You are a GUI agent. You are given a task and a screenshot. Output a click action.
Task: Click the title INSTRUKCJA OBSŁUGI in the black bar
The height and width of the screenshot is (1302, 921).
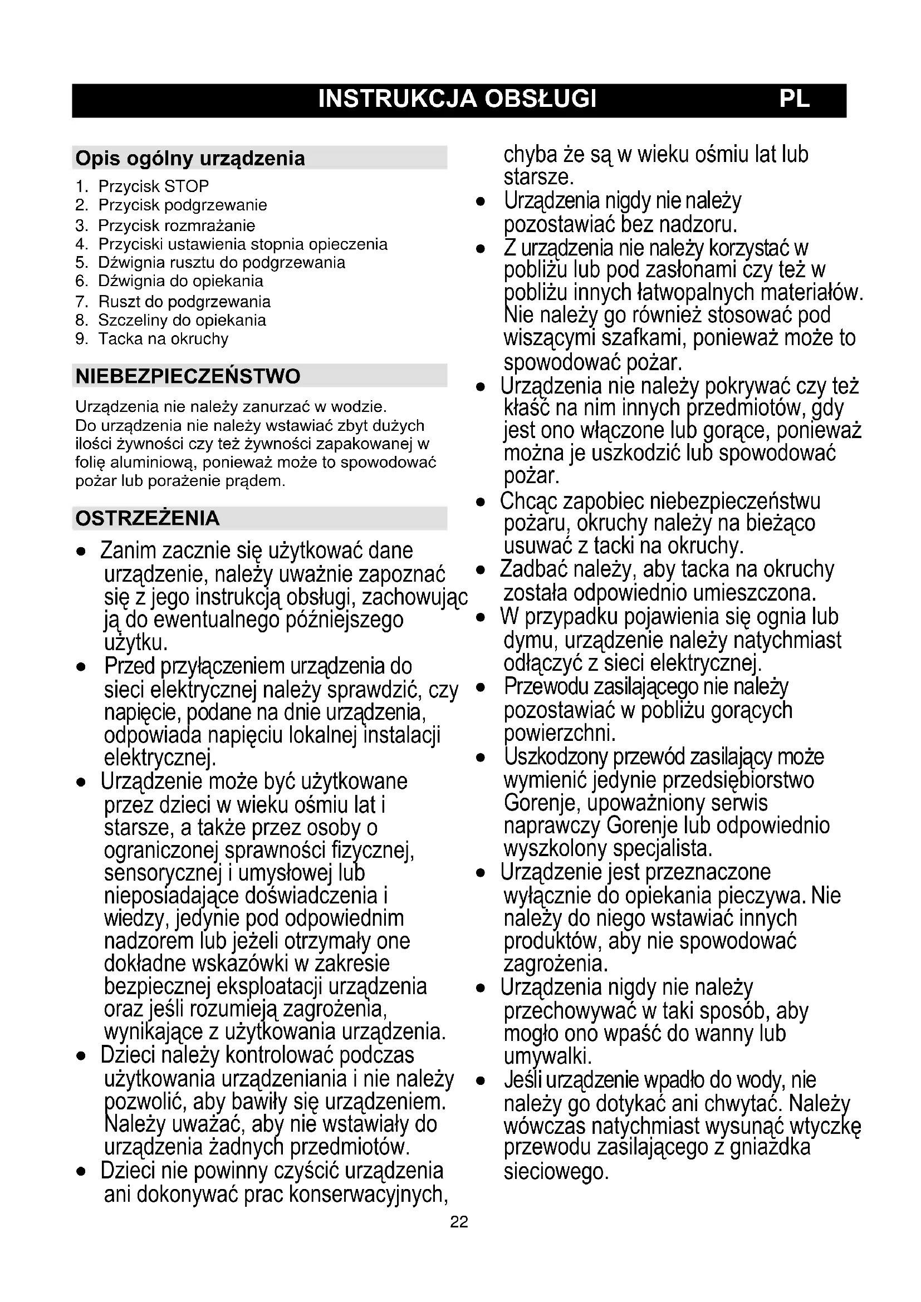457,99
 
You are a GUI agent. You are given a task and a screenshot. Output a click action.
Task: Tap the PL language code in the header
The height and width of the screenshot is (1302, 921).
794,99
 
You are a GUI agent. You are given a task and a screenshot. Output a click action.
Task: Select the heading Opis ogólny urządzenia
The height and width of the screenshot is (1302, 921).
190,158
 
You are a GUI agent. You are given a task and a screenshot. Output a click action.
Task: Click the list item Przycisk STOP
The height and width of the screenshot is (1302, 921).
153,186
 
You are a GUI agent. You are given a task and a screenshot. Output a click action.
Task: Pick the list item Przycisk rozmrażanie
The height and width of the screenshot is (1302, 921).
177,225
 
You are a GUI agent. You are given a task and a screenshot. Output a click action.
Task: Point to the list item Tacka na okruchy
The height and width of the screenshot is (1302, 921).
163,338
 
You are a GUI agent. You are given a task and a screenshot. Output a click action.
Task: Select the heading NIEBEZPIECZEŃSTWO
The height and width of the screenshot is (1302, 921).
188,376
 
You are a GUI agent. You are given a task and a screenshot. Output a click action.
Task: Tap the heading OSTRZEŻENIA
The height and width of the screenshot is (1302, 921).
148,518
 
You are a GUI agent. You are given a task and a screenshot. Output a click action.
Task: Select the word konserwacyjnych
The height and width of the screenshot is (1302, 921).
368,1194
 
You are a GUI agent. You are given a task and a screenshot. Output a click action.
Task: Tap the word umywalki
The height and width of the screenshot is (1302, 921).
547,1056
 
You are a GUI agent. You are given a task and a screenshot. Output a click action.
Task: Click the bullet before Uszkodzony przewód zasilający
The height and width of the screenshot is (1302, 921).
481,758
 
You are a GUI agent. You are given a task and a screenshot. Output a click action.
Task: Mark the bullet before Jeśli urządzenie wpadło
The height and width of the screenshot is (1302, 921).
481,1082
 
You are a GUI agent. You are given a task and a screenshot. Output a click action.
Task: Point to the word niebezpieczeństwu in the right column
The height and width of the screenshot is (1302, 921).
735,502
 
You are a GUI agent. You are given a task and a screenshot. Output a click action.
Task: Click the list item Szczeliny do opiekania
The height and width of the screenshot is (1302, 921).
182,321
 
